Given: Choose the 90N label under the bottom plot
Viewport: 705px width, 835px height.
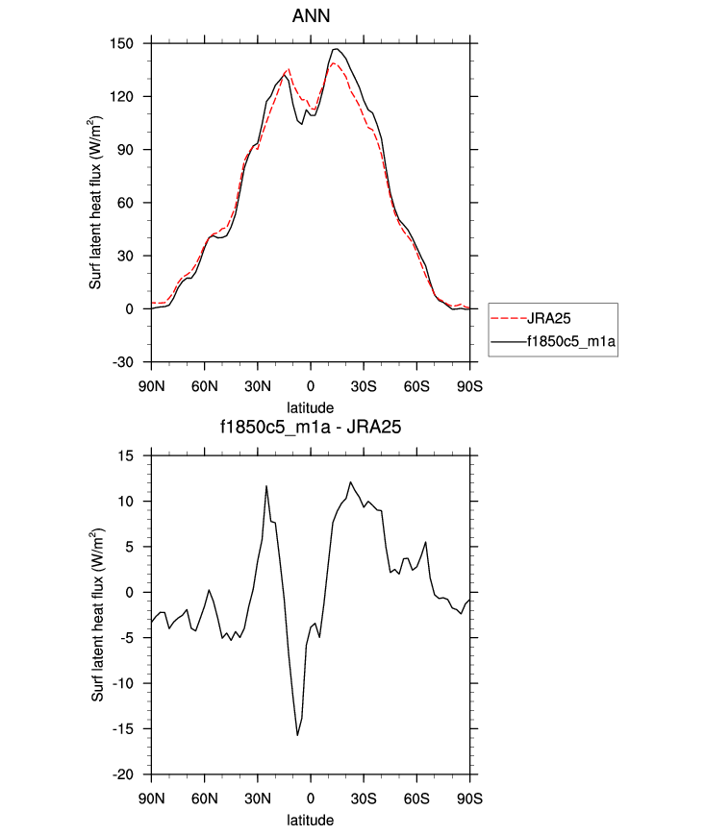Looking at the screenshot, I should tap(151, 799).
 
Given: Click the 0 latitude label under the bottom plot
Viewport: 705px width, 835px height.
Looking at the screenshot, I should tap(311, 799).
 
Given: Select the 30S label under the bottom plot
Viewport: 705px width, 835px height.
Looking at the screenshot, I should tap(364, 799).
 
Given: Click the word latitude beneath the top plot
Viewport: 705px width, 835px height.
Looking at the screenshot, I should tap(310, 407).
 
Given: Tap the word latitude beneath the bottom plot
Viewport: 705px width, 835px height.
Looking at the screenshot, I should tap(310, 822).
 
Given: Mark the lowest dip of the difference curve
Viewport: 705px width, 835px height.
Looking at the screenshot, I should tap(297, 735).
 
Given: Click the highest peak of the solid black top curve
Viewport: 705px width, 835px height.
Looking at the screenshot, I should tap(336, 49).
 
